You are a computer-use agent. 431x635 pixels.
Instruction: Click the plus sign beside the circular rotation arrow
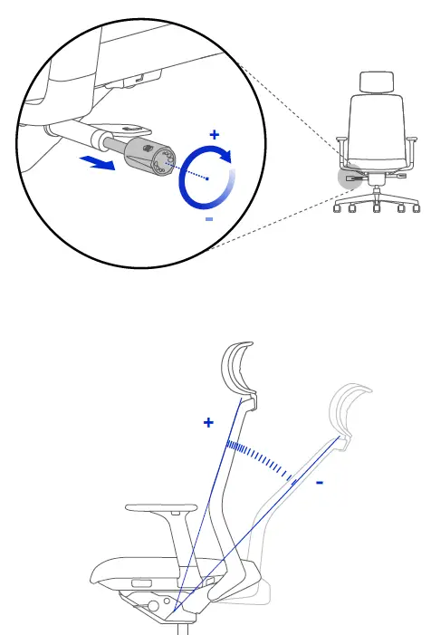coord(215,135)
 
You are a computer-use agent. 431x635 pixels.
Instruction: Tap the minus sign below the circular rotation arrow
coord(209,219)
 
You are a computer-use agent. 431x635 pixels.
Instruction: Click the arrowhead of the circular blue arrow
coord(225,157)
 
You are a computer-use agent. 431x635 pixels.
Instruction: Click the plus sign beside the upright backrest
coord(208,422)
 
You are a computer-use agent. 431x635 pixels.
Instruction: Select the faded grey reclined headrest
coord(350,409)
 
